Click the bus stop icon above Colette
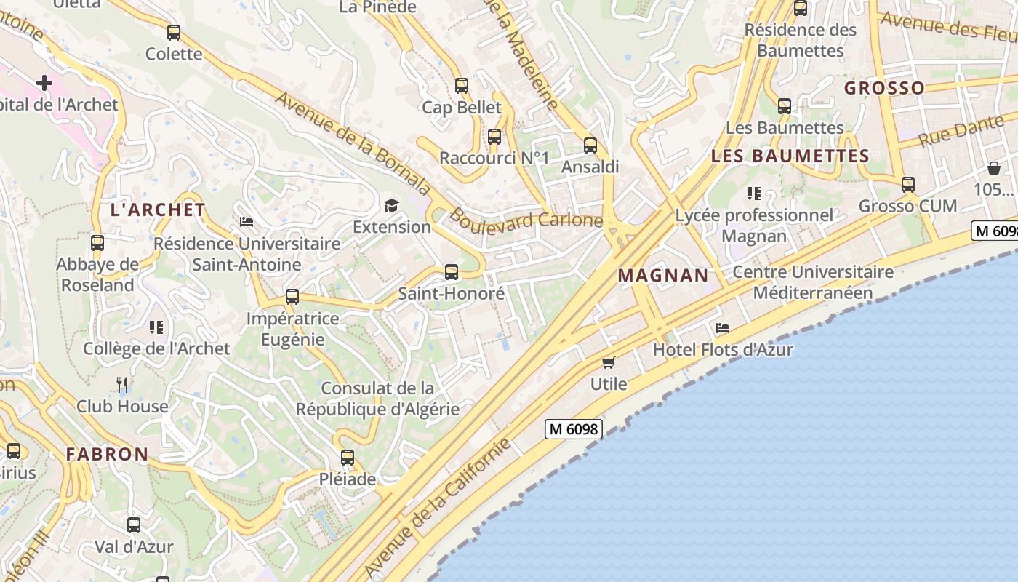pos(173,33)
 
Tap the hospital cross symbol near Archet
pos(44,83)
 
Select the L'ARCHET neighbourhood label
pos(158,210)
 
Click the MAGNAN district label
pos(662,275)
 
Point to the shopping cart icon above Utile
pos(608,362)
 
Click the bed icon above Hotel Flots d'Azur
pos(722,328)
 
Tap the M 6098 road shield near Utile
pos(573,429)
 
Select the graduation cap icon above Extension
pos(391,205)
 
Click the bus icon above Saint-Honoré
pos(452,272)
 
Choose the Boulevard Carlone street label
pos(526,219)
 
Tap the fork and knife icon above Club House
pos(122,384)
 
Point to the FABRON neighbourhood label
pos(107,455)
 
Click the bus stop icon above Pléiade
pos(348,458)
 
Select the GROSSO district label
pos(884,88)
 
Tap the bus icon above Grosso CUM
pos(907,185)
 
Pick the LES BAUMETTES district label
pos(790,156)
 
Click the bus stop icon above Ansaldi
pos(590,145)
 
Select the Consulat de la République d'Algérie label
pos(377,399)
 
